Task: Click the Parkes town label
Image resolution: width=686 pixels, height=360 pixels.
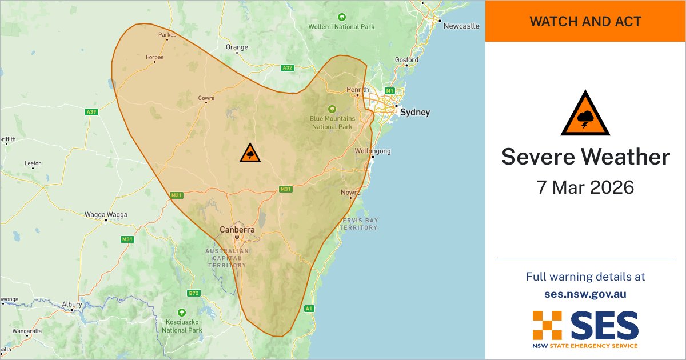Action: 167,35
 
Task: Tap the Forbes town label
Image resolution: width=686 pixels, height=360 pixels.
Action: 154,57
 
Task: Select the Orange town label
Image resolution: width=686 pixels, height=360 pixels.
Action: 237,47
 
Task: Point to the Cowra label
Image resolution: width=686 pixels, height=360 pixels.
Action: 206,98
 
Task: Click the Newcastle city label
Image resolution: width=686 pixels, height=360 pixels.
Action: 461,26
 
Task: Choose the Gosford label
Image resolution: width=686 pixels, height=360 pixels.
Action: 406,60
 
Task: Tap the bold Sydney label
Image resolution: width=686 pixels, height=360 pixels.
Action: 414,113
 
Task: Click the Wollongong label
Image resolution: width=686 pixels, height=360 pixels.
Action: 372,151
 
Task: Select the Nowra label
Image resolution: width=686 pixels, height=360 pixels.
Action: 350,193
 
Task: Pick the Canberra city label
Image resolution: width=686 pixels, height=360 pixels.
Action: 237,230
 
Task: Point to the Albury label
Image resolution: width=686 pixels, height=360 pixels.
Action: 72,305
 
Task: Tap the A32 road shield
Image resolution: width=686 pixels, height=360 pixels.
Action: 288,68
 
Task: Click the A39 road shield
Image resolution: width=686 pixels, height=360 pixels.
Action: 91,112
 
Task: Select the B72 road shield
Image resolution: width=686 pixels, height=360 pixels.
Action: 194,293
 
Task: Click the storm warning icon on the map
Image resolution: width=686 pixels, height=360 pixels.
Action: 250,153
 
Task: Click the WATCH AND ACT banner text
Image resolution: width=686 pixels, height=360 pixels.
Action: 585,22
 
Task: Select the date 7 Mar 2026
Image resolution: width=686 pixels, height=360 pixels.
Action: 585,187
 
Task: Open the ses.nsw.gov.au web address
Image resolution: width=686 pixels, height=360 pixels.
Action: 585,294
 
